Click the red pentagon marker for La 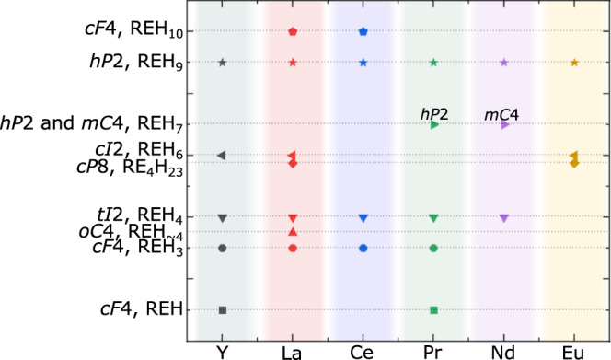point(293,31)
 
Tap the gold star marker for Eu point(574,63)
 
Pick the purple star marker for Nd point(504,63)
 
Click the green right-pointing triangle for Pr point(434,124)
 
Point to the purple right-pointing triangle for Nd point(504,124)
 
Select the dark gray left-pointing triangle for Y point(222,155)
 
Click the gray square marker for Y point(223,309)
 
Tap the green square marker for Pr point(433,309)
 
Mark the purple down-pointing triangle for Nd point(504,218)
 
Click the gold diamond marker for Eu point(574,163)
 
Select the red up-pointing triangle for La point(293,232)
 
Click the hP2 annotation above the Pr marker point(434,112)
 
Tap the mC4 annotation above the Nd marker point(503,112)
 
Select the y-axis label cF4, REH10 point(138,32)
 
